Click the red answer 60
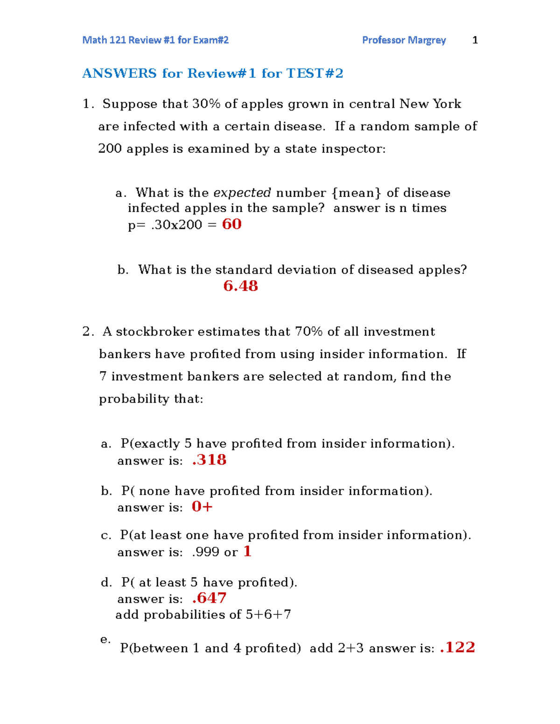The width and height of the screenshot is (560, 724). click(x=231, y=224)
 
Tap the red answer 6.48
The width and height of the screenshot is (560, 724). click(x=240, y=286)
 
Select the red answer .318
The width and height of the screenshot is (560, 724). click(x=209, y=460)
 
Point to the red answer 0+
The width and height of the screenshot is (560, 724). click(x=202, y=507)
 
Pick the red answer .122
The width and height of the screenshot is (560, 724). click(x=457, y=648)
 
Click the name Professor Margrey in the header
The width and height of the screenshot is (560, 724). click(x=404, y=40)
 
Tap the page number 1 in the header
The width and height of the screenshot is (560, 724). click(x=475, y=40)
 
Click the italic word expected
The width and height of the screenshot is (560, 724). click(x=242, y=193)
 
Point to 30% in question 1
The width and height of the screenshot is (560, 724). click(x=206, y=104)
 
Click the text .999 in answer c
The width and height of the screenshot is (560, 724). click(x=205, y=552)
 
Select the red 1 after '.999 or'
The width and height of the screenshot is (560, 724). click(x=247, y=552)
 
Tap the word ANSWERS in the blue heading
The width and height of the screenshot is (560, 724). click(x=119, y=74)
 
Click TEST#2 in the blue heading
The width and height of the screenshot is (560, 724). click(x=315, y=74)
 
